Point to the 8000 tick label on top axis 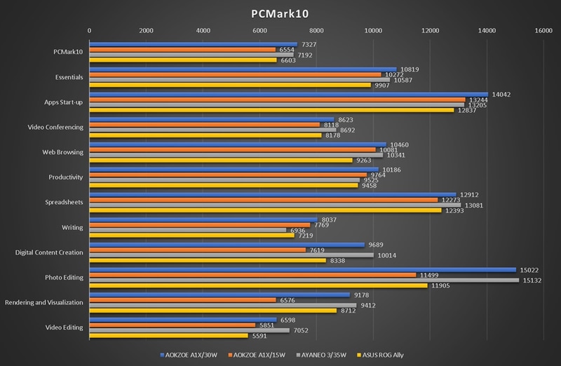(316, 30)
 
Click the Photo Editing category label (64, 277)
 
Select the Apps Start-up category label (64, 102)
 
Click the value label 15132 (532, 281)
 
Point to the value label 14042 (501, 94)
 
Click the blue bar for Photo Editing (302, 269)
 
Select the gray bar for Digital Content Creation (231, 256)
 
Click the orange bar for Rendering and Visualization (182, 299)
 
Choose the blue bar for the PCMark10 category (193, 43)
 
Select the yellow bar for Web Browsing (220, 161)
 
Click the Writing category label (73, 227)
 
